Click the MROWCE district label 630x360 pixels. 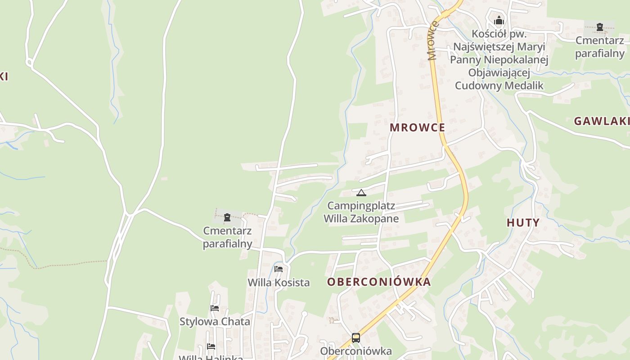[417, 127]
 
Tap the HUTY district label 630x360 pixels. [523, 223]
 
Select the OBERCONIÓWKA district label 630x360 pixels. [379, 282]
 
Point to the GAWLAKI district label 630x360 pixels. [602, 121]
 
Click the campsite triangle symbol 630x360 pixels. [361, 193]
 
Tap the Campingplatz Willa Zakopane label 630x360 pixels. [361, 212]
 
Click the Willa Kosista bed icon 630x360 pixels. [279, 269]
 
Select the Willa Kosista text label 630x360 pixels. [279, 283]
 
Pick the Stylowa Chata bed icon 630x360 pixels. [215, 308]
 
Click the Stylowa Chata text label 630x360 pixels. [215, 322]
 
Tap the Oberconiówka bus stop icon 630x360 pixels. [356, 337]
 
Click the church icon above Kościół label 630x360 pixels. [499, 20]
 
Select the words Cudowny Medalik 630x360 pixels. [499, 85]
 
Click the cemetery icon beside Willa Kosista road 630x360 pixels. [227, 218]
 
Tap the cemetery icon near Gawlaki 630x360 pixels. [599, 27]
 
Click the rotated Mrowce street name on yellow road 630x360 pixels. [432, 40]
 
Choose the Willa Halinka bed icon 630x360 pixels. [211, 346]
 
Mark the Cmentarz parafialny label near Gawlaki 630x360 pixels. [599, 47]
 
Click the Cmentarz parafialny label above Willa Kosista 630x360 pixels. [227, 237]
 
